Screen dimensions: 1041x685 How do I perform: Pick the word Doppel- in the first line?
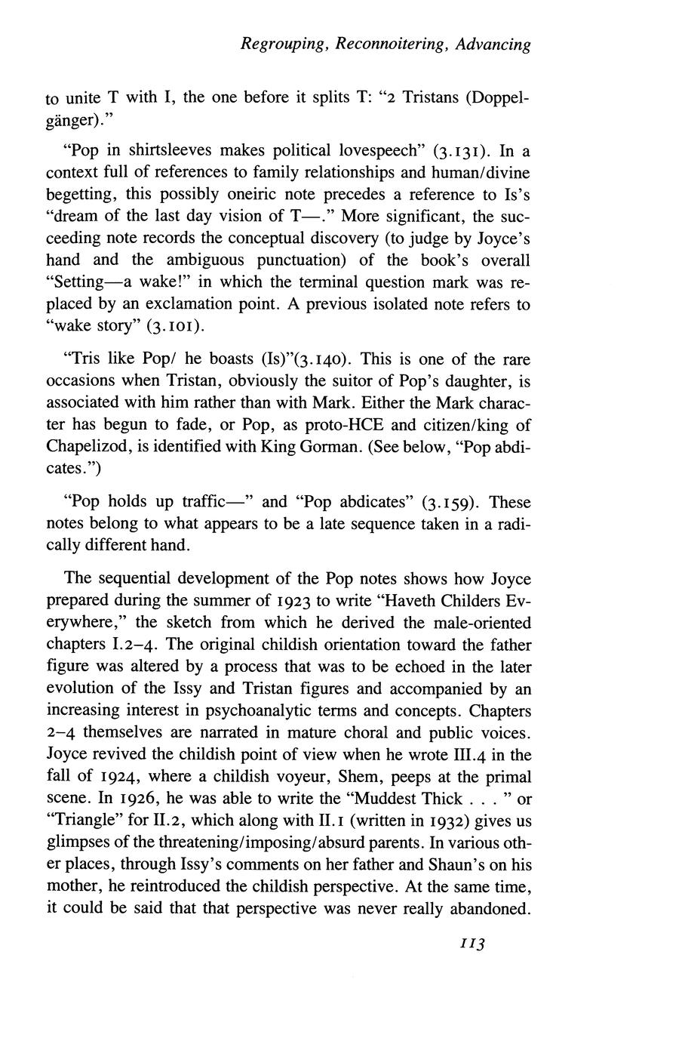click(495, 98)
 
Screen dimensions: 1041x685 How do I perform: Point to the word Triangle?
click(84, 821)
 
